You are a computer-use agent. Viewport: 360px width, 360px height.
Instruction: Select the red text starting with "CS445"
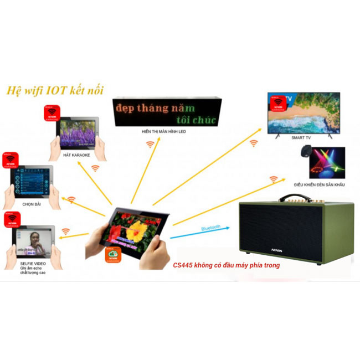coord(226,266)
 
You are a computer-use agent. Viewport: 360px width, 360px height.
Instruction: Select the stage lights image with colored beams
coord(327,162)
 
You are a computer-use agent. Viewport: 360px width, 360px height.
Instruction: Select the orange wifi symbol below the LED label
coord(150,145)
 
